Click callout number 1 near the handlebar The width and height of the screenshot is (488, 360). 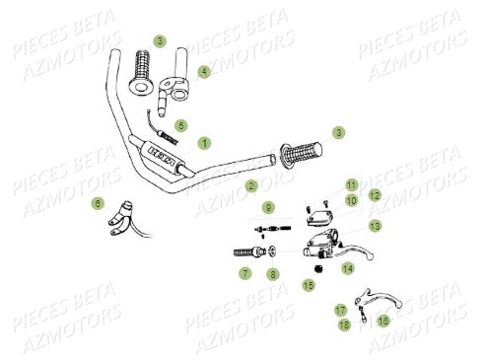(203, 143)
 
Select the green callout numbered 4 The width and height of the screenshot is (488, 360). (203, 72)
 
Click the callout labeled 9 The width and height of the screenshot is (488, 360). (267, 207)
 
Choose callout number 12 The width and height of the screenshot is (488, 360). (375, 195)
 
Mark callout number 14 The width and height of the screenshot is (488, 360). (347, 267)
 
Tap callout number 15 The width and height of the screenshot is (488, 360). (308, 285)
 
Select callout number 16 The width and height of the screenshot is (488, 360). (383, 320)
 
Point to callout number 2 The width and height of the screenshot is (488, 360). (250, 185)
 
